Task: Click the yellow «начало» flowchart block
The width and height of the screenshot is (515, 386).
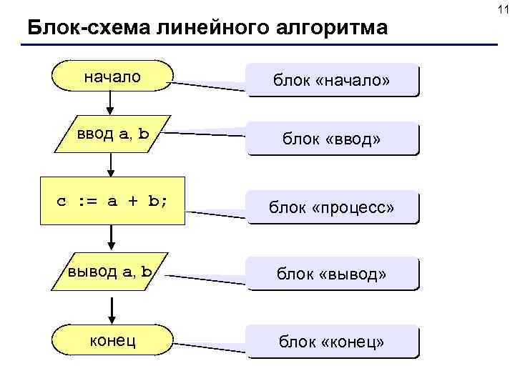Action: [x=112, y=76]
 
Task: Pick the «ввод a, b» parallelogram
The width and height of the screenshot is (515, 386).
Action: [x=113, y=133]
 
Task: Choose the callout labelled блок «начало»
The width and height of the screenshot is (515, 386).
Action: [x=331, y=79]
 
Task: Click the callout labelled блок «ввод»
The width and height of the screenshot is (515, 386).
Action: [x=331, y=139]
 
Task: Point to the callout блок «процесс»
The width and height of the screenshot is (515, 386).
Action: [x=331, y=208]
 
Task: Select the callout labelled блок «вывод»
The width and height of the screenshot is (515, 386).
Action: [x=331, y=273]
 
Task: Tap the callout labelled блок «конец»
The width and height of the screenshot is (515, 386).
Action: [x=331, y=343]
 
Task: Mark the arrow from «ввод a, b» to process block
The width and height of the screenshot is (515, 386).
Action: [x=112, y=165]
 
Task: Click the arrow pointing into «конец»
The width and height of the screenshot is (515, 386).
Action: [x=112, y=308]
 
